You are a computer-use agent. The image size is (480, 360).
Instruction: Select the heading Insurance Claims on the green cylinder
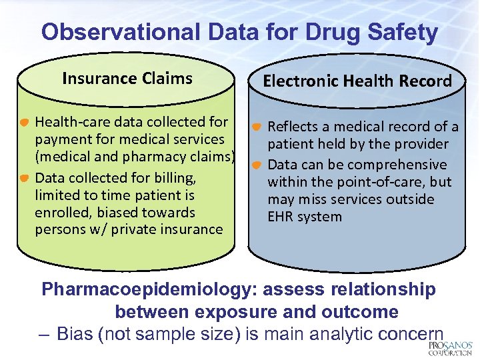127,79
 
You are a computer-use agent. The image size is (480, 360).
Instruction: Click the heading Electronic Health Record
357,81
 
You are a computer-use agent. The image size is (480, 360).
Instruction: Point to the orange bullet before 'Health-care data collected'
23,123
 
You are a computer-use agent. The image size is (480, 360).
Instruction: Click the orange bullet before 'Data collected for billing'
23,179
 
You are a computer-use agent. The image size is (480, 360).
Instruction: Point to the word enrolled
59,213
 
